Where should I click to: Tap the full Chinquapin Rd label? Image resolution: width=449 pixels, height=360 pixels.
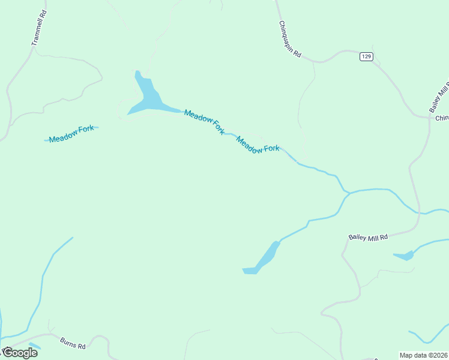[289, 39]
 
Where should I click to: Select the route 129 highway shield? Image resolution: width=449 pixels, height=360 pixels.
[367, 56]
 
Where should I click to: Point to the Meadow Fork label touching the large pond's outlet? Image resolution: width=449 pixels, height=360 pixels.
[204, 122]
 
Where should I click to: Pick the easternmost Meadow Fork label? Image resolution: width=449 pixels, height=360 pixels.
[258, 145]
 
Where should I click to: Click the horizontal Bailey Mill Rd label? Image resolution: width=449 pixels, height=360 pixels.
[369, 237]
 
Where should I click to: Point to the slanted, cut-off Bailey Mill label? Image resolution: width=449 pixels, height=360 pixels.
[439, 97]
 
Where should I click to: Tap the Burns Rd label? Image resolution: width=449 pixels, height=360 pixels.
[73, 343]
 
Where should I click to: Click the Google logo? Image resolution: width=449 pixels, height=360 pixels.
[19, 352]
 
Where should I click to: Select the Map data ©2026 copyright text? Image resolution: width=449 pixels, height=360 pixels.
[424, 355]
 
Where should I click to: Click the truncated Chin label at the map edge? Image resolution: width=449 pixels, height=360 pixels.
[442, 118]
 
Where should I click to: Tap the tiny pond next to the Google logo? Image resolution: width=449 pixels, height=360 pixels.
[35, 346]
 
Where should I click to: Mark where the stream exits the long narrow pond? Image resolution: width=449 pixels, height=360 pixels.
[279, 241]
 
